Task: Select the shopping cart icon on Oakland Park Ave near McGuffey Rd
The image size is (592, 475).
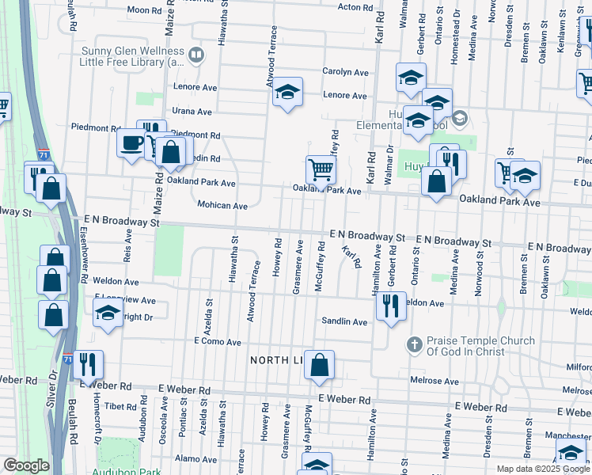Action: pyautogui.click(x=321, y=168)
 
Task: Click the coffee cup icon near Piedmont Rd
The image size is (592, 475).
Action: pyautogui.click(x=131, y=142)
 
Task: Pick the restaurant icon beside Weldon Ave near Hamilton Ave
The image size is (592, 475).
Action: pyautogui.click(x=389, y=305)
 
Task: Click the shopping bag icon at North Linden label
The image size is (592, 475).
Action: pyautogui.click(x=320, y=365)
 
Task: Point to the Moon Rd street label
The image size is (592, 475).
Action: pyautogui.click(x=143, y=10)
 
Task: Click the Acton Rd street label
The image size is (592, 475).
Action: pyautogui.click(x=355, y=7)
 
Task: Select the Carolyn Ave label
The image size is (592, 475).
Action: pyautogui.click(x=345, y=72)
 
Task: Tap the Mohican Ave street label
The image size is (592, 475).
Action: pyautogui.click(x=222, y=205)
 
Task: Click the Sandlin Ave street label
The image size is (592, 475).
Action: pyautogui.click(x=344, y=322)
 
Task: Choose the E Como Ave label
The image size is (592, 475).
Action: pyautogui.click(x=217, y=342)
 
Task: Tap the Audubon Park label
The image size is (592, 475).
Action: pyautogui.click(x=126, y=472)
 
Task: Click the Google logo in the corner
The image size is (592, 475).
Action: pyautogui.click(x=25, y=465)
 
